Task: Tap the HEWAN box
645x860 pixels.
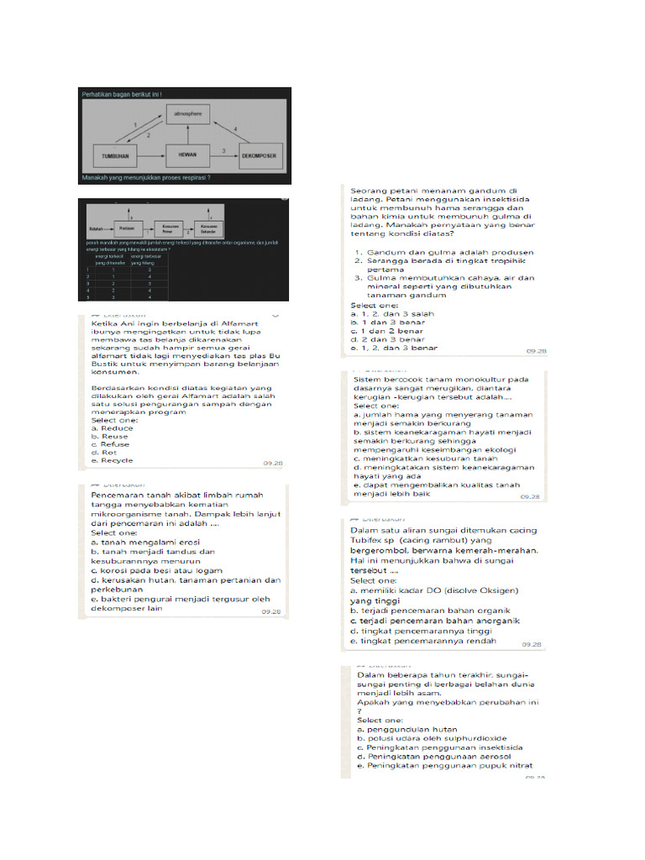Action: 186,155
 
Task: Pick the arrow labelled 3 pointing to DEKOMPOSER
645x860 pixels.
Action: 223,155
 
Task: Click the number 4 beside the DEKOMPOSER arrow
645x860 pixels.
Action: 236,128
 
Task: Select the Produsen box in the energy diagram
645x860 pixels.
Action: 128,228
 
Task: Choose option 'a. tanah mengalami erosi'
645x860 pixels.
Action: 142,543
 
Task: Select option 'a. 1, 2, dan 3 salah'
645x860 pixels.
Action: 390,312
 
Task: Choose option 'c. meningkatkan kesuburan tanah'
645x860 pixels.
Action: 427,459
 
